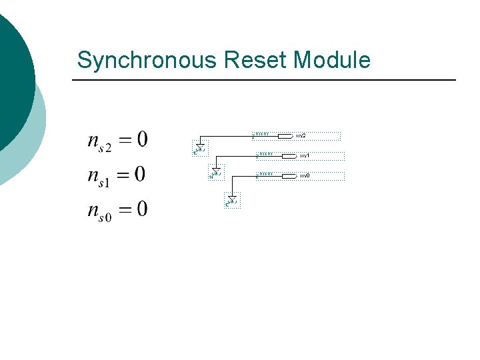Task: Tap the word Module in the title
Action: click(x=331, y=60)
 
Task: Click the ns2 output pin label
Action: click(x=301, y=135)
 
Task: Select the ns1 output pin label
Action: click(x=304, y=155)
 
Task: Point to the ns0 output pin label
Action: click(x=304, y=175)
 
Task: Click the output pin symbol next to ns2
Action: click(x=285, y=135)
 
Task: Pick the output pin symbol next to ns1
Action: click(x=289, y=155)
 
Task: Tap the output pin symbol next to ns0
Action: click(x=289, y=175)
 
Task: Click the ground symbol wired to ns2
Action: click(x=199, y=147)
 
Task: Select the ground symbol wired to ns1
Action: click(x=215, y=173)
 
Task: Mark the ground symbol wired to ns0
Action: click(x=232, y=199)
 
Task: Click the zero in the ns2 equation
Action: click(x=142, y=140)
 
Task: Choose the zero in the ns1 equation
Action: click(x=139, y=175)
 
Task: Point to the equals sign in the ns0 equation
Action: click(x=123, y=210)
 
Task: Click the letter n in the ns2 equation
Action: click(x=94, y=141)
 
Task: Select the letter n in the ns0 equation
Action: click(x=94, y=211)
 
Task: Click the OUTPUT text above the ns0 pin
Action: click(x=265, y=173)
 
